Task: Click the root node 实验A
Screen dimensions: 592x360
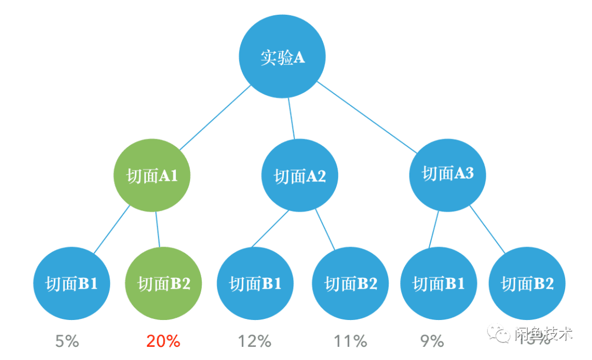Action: tap(282, 57)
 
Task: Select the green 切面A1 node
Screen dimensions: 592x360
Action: tap(152, 176)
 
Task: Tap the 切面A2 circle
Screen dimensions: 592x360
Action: tap(300, 176)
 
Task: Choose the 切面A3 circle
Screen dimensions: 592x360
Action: tap(447, 174)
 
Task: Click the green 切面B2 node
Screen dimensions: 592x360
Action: tap(163, 283)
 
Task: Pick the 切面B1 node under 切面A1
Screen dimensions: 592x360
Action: tap(72, 283)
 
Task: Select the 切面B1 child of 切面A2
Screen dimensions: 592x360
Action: tap(255, 283)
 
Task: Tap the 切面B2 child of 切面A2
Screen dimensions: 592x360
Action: tap(350, 283)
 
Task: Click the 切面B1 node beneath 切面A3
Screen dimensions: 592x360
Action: tap(439, 283)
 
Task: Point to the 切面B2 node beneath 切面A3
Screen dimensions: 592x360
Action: tap(527, 283)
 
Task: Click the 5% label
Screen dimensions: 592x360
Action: tap(67, 341)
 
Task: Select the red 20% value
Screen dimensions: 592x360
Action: tap(163, 341)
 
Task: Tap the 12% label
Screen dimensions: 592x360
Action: tap(254, 341)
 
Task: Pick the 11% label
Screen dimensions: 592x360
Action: tap(350, 341)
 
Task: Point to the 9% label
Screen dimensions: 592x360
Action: tap(432, 341)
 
